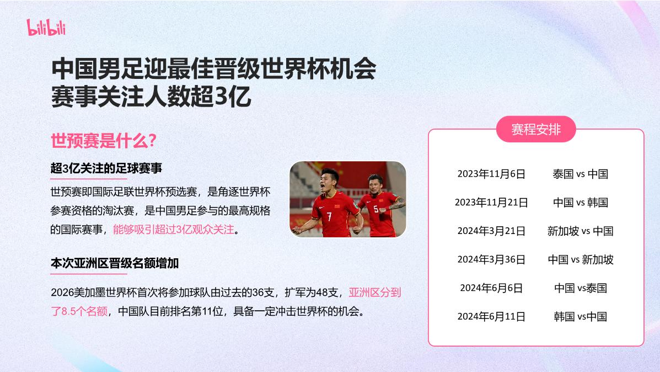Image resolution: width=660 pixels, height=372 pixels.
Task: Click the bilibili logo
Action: pyautogui.click(x=46, y=26)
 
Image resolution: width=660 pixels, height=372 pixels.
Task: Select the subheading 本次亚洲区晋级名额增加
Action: pyautogui.click(x=114, y=263)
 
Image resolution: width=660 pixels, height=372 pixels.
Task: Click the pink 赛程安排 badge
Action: pyautogui.click(x=536, y=130)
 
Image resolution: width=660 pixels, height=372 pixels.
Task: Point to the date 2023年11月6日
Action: pyautogui.click(x=491, y=174)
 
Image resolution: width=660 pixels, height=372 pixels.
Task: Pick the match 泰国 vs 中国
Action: pyautogui.click(x=580, y=174)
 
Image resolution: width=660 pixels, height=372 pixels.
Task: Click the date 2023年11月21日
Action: pyautogui.click(x=491, y=203)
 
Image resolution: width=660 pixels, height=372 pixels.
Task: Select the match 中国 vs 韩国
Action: pyautogui.click(x=580, y=203)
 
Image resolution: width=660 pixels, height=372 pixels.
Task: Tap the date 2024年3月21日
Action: pyautogui.click(x=491, y=231)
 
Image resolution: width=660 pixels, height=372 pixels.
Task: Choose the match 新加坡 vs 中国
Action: pyautogui.click(x=580, y=231)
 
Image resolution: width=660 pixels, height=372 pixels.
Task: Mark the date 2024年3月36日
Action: pyautogui.click(x=491, y=259)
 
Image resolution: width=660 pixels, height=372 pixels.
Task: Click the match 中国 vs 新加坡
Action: pyautogui.click(x=580, y=259)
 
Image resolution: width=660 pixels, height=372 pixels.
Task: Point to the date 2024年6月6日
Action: pyautogui.click(x=491, y=288)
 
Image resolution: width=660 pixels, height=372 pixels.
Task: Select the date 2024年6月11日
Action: pyautogui.click(x=491, y=316)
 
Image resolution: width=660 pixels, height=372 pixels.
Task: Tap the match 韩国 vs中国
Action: pyautogui.click(x=580, y=316)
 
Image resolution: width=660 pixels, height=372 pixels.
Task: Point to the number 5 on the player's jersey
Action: pyautogui.click(x=376, y=210)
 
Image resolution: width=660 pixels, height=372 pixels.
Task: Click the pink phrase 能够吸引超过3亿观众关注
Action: pyautogui.click(x=173, y=230)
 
